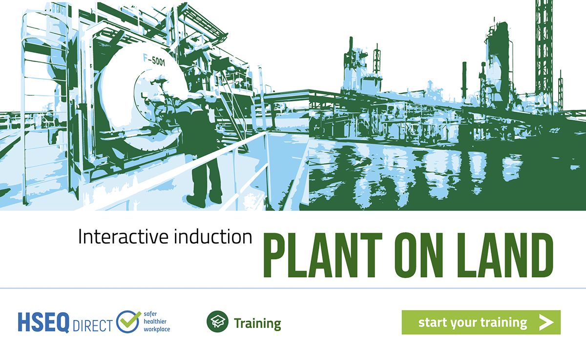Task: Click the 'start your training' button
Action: click(481, 322)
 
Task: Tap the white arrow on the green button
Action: click(546, 322)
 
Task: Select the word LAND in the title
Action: click(505, 255)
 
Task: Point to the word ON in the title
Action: click(419, 255)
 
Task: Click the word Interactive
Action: click(123, 236)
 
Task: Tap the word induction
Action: click(213, 236)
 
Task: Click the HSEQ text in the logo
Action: click(43, 322)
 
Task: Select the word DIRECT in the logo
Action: click(93, 325)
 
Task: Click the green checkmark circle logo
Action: click(128, 321)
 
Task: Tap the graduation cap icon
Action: click(217, 321)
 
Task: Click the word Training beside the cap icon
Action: click(257, 323)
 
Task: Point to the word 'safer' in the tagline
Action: click(150, 314)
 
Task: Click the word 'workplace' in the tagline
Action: click(157, 329)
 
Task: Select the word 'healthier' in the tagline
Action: click(155, 321)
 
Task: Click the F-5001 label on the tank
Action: click(154, 60)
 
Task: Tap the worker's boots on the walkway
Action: click(204, 201)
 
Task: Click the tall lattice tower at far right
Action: click(544, 52)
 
